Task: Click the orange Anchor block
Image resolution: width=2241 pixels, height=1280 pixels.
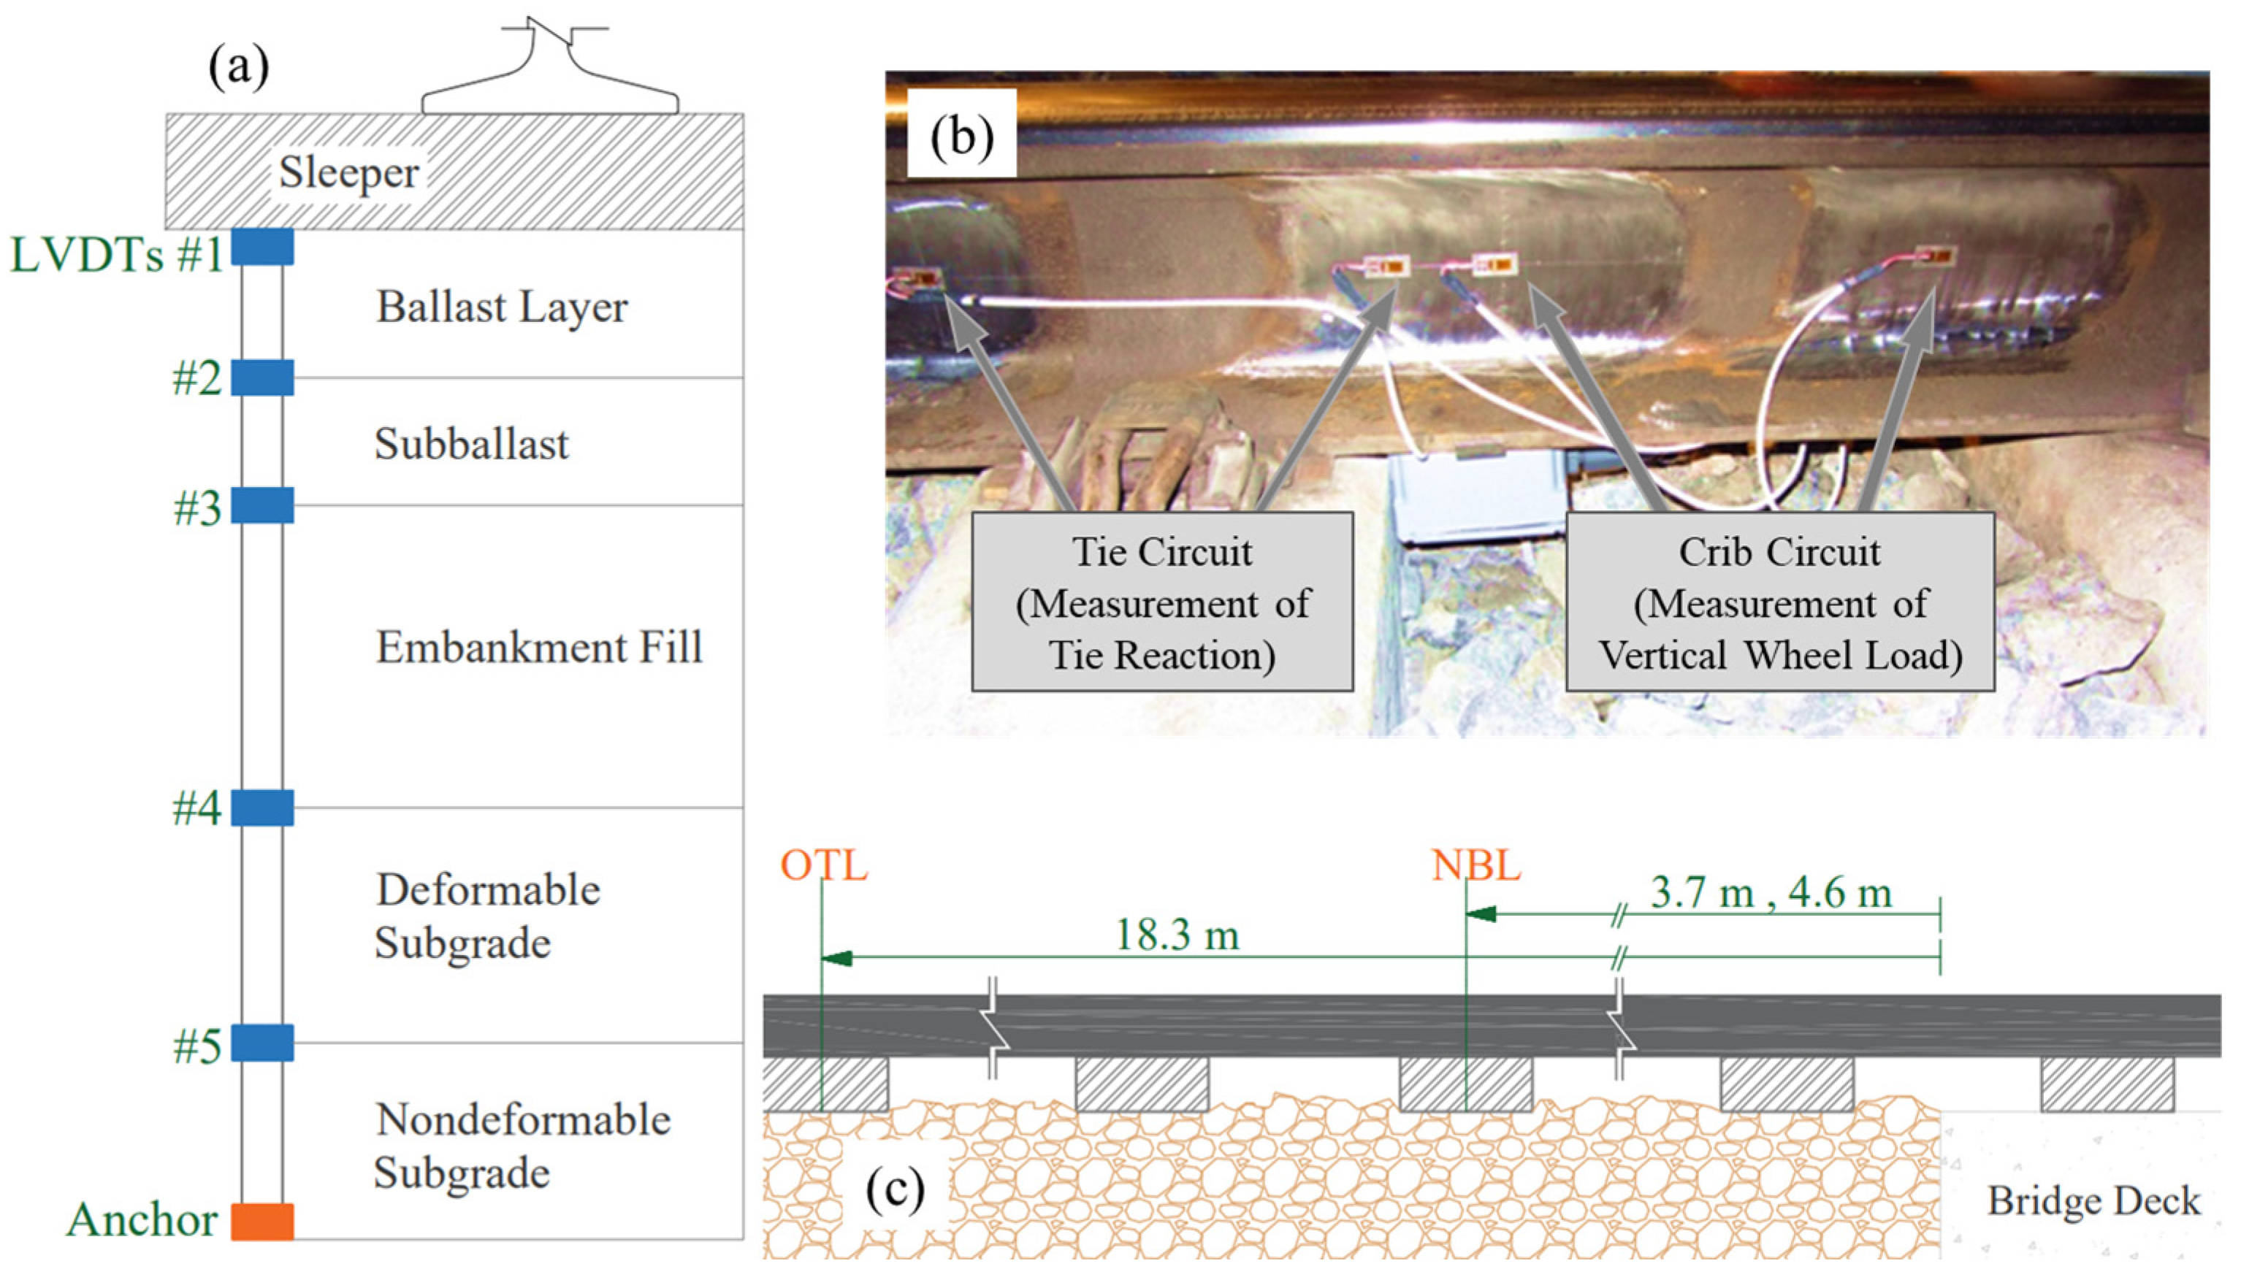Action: click(x=262, y=1221)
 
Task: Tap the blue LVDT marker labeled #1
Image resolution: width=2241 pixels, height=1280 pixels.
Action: click(x=262, y=247)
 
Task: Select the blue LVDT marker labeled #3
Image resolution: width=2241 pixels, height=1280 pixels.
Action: click(x=262, y=505)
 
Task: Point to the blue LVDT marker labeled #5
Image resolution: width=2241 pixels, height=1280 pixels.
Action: click(x=262, y=1043)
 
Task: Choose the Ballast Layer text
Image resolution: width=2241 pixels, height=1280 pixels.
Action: click(x=502, y=307)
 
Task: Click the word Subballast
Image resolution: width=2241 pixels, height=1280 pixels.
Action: click(x=472, y=444)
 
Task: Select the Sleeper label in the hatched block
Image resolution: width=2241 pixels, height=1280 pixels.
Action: click(x=349, y=172)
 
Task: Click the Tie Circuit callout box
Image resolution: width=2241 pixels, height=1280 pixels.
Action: click(x=1161, y=603)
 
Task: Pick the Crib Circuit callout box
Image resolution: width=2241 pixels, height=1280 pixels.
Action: click(x=1779, y=603)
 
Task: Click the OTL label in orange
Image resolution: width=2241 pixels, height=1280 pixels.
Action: click(x=824, y=866)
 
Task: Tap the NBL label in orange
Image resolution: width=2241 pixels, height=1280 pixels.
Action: click(x=1476, y=866)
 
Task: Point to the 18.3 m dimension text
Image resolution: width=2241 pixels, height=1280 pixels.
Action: click(x=1177, y=935)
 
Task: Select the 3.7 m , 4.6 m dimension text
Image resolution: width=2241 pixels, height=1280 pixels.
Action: click(x=1771, y=893)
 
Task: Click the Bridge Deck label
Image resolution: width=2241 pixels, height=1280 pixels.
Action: click(x=2094, y=1201)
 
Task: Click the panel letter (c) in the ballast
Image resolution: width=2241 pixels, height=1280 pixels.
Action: click(x=895, y=1189)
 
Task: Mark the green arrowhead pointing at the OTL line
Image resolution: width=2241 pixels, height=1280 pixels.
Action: click(x=836, y=957)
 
